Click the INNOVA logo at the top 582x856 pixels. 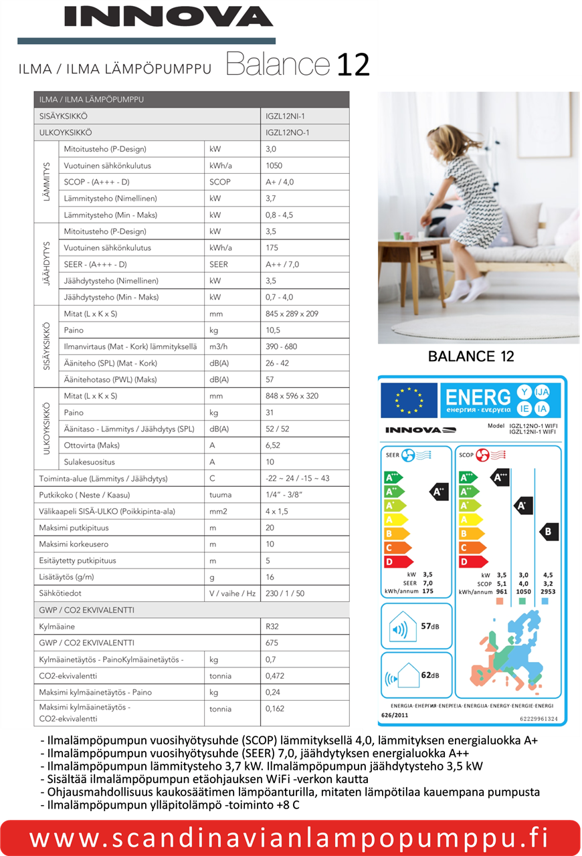coord(169,17)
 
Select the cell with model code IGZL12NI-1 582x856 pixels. coord(286,116)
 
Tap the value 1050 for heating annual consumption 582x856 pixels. coord(274,165)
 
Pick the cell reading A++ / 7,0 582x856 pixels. coord(282,264)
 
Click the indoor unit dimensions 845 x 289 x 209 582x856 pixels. coord(292,314)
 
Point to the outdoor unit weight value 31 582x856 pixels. coord(270,413)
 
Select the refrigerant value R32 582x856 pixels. coord(273,627)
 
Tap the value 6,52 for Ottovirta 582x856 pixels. coord(274,445)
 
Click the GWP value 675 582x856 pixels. coord(272,643)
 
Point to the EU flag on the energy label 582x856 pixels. coord(409,401)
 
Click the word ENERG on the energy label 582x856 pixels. coord(478,398)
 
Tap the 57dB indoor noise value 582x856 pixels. coord(429,626)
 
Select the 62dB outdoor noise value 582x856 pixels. coord(429,675)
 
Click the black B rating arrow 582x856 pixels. coord(548,532)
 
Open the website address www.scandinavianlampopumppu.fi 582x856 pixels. coord(289,837)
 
